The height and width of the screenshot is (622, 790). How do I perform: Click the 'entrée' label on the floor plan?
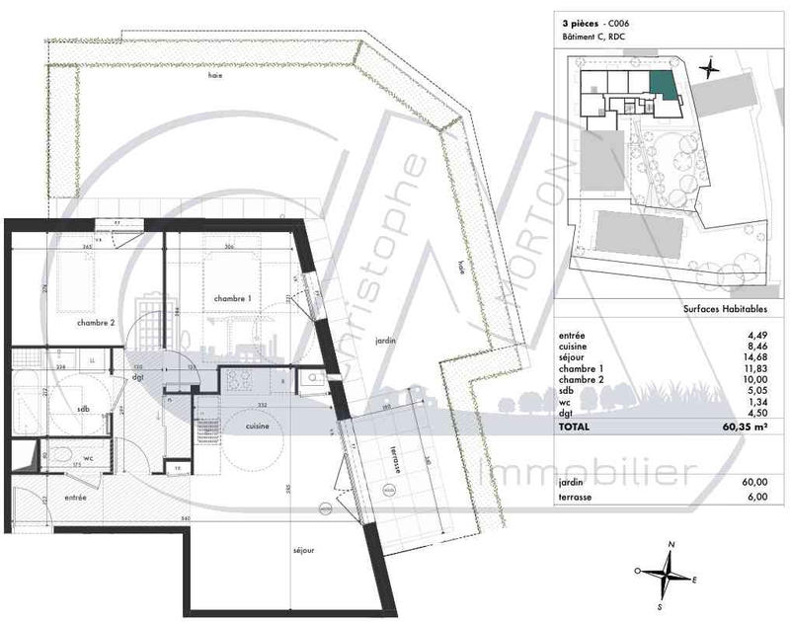click(75, 498)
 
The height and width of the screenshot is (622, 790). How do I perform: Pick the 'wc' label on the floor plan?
click(88, 458)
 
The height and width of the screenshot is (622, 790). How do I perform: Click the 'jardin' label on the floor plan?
click(385, 340)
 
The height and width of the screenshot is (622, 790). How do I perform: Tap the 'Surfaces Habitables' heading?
click(726, 309)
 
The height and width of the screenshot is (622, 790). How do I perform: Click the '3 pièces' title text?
click(581, 23)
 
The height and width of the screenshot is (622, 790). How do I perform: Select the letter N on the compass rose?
click(671, 544)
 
